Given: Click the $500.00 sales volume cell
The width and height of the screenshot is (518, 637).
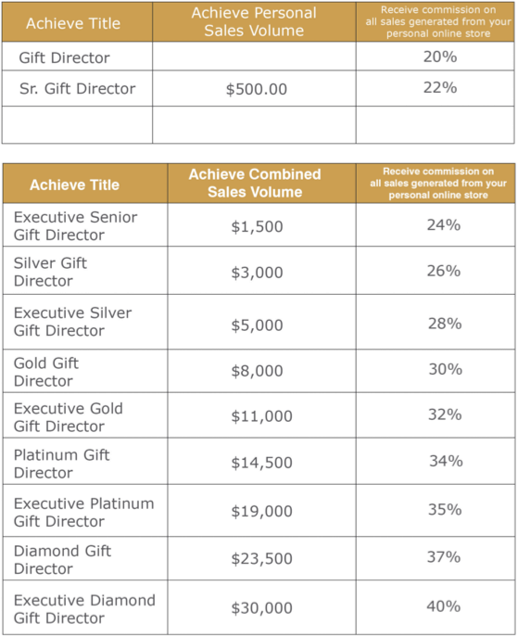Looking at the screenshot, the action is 257,89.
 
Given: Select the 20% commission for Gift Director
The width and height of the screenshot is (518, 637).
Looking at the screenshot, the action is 440,57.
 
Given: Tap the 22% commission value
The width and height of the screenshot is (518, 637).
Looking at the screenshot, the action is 440,88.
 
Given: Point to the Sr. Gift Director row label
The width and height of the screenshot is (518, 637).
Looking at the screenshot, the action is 78,89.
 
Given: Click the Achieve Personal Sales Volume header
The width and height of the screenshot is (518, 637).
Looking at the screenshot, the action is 254,21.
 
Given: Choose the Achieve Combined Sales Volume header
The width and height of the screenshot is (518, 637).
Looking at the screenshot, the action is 255,183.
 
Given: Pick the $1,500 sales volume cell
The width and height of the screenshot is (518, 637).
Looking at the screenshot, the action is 257,226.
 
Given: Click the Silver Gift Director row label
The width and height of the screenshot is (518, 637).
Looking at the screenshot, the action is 50,272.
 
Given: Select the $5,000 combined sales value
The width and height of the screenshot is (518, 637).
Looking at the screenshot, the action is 257,325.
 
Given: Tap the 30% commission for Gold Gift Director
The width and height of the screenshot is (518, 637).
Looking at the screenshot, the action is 446,369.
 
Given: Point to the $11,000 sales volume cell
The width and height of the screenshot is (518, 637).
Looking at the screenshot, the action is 262,416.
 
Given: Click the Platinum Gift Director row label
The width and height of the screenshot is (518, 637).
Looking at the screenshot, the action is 62,464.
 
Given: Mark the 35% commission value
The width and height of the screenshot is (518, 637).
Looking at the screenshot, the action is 445,510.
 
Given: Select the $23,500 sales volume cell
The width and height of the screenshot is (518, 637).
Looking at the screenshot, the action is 262,558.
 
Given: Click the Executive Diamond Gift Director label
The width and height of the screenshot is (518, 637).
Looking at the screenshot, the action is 84,609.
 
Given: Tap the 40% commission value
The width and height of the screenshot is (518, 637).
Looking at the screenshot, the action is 444,606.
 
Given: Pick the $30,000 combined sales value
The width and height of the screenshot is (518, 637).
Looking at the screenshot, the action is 262,608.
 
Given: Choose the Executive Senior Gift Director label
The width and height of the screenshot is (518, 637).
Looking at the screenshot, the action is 75,226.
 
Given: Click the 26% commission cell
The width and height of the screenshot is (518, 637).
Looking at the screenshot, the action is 444,271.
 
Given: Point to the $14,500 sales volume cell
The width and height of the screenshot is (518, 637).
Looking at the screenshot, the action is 262,463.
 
